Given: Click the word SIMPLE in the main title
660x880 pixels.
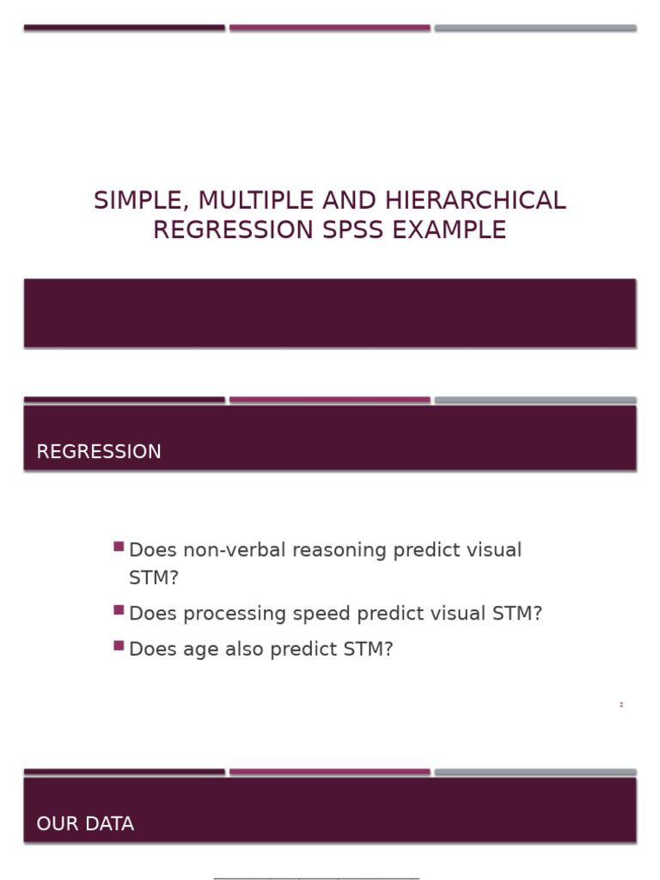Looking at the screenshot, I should point(142,201).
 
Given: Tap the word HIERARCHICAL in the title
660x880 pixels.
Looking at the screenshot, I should point(475,201).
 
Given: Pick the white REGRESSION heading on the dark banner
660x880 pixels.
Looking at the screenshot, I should point(99,452).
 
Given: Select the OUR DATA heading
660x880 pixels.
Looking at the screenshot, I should point(85,824).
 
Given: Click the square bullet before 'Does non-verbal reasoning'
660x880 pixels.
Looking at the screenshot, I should point(119,547).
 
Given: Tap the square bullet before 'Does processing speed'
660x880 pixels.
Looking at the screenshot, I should point(119,610).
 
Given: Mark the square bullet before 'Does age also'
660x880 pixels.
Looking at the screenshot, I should point(119,645).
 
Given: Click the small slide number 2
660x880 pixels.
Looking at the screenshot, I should point(620,705).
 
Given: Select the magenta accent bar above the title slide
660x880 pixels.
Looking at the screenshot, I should point(329,27).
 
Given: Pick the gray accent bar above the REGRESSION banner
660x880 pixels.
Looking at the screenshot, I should point(535,400).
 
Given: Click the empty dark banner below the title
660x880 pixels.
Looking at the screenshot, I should point(329,313).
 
